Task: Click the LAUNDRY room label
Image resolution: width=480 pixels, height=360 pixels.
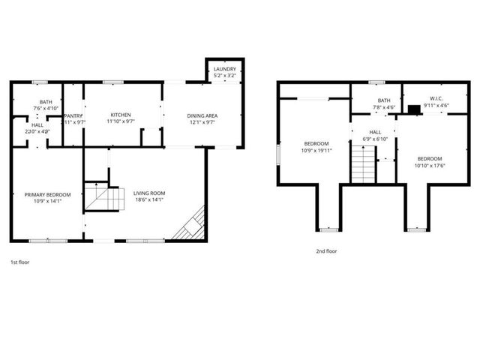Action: (224, 69)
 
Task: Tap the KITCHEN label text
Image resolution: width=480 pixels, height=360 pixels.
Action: (121, 115)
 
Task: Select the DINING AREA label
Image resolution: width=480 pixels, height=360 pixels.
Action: (202, 115)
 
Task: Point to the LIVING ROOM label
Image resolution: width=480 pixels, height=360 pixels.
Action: (149, 193)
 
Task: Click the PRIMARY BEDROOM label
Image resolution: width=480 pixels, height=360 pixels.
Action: (46, 194)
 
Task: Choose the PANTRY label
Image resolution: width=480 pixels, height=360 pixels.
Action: (73, 115)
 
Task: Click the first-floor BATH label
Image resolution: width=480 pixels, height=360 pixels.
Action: (46, 102)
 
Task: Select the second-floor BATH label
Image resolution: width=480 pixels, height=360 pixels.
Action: (384, 100)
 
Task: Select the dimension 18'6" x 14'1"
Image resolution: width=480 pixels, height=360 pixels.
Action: (149, 200)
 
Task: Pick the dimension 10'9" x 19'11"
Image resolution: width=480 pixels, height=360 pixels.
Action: (317, 150)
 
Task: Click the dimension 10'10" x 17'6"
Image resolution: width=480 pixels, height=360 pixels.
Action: (430, 165)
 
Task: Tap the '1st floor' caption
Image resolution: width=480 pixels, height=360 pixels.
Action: (20, 262)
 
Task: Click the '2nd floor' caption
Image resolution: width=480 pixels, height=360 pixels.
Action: (326, 251)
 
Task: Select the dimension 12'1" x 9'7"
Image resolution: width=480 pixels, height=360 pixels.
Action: (202, 121)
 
